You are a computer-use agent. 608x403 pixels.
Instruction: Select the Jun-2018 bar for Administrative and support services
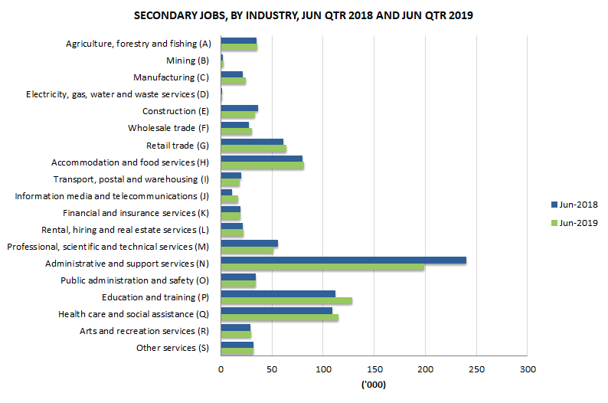click(x=343, y=260)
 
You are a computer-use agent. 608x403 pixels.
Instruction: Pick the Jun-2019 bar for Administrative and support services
click(x=322, y=267)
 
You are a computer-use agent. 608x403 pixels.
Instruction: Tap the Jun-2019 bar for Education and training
click(x=286, y=301)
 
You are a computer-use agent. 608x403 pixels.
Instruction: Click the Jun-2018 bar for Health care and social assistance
click(x=276, y=311)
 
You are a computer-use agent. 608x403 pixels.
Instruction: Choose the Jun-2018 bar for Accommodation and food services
click(x=261, y=159)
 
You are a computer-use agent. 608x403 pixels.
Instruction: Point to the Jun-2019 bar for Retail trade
click(x=253, y=149)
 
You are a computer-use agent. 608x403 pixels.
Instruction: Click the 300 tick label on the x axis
click(x=527, y=369)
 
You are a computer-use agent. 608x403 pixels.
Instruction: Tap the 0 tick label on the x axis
click(x=221, y=369)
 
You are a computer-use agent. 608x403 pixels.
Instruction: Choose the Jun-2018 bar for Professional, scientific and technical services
click(x=249, y=244)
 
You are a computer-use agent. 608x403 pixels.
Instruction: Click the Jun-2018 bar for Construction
click(x=239, y=108)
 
